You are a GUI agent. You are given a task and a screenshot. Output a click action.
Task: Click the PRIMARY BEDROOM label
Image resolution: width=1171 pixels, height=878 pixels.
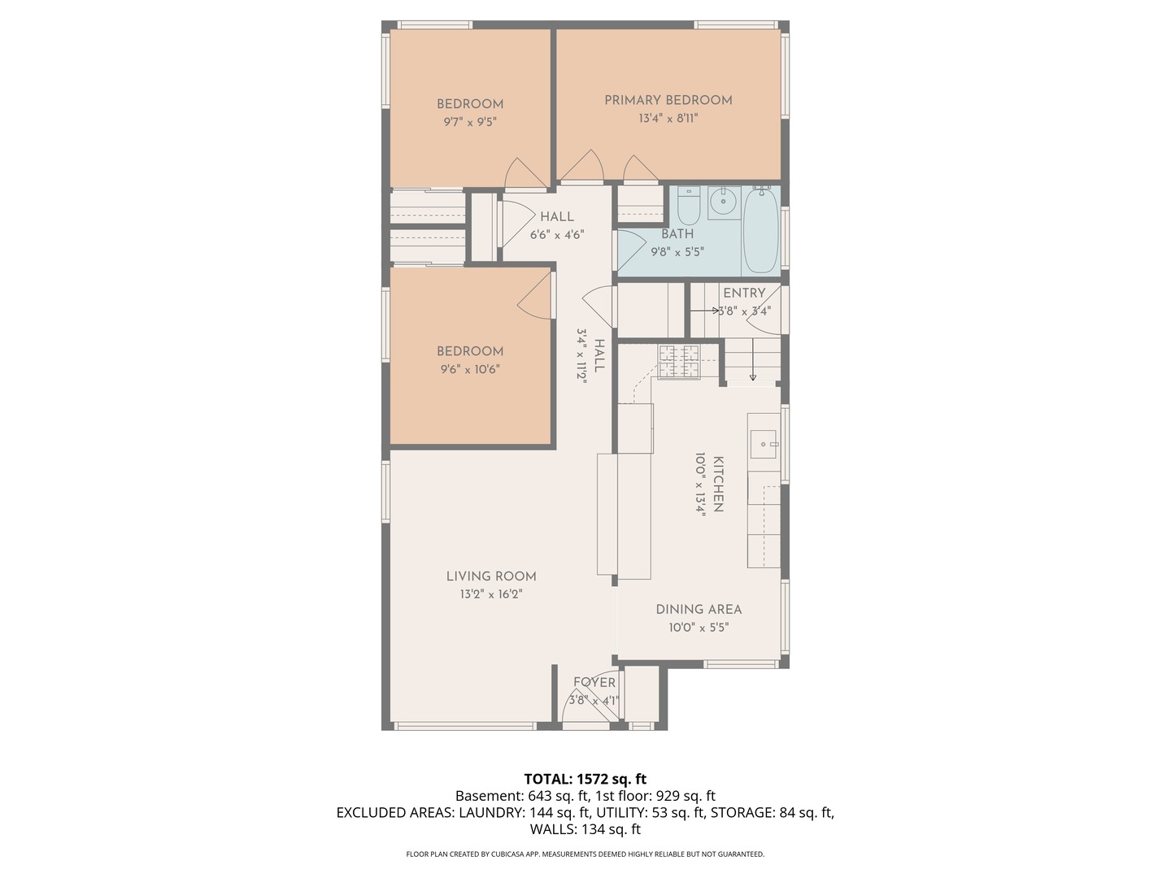point(668,100)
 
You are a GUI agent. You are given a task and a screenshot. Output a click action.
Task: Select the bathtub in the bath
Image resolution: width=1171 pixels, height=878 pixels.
point(761,229)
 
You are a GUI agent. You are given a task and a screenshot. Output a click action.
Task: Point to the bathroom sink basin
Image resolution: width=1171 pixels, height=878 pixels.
point(724,202)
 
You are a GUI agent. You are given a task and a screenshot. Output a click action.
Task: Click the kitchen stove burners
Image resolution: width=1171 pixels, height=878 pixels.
point(678,362)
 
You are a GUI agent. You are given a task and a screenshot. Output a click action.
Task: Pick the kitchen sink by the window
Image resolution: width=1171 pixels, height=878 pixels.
point(764,444)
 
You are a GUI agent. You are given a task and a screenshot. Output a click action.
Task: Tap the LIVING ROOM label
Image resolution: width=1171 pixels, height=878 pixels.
point(491,576)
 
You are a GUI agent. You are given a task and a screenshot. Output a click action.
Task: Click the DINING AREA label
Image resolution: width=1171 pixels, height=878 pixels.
point(699,610)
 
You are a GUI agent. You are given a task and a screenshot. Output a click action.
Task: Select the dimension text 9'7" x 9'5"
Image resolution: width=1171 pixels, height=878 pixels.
point(470,122)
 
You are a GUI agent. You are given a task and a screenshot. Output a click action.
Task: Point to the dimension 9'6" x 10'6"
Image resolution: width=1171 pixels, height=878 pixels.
point(470,369)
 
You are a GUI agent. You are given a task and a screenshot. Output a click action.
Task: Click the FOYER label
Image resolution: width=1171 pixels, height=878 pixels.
point(594,682)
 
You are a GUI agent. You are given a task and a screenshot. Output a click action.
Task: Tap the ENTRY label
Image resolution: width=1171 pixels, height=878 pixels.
point(744,293)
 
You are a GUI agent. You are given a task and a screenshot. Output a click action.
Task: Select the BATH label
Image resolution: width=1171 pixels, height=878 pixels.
point(677,234)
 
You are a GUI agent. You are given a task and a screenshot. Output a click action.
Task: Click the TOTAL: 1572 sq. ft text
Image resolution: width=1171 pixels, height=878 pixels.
point(585,779)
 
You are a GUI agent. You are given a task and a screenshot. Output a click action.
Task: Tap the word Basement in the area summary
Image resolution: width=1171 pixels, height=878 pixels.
point(488,796)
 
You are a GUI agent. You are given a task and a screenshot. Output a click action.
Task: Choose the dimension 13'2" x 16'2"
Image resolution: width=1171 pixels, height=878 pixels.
point(491,593)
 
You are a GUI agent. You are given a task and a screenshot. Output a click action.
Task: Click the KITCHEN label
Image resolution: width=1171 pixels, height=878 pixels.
point(718,484)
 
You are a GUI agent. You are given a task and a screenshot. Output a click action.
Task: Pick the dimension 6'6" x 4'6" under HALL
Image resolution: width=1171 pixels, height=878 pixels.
point(557,235)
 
